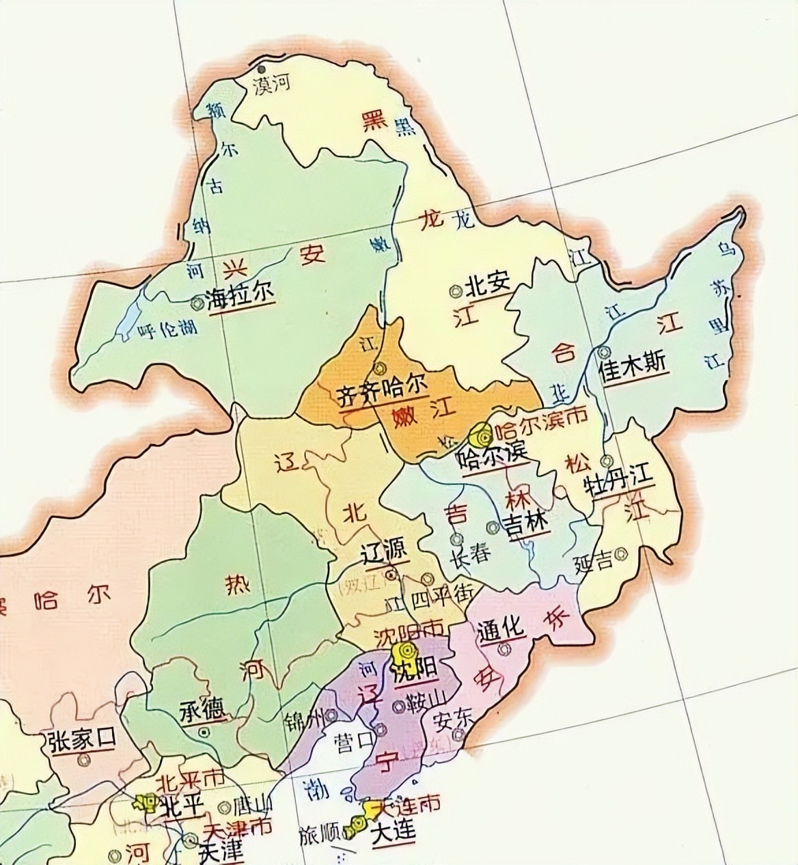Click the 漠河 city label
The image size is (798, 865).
coord(272,85)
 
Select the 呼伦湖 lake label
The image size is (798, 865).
coord(167,330)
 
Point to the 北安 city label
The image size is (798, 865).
coord(489,286)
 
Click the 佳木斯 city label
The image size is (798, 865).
coord(631,364)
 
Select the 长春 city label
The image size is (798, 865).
coord(470,553)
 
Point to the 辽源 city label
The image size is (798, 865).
coord(384,549)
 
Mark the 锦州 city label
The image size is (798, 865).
coord(304,719)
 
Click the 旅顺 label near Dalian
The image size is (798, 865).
coord(319,836)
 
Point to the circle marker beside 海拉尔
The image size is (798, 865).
coord(198,300)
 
